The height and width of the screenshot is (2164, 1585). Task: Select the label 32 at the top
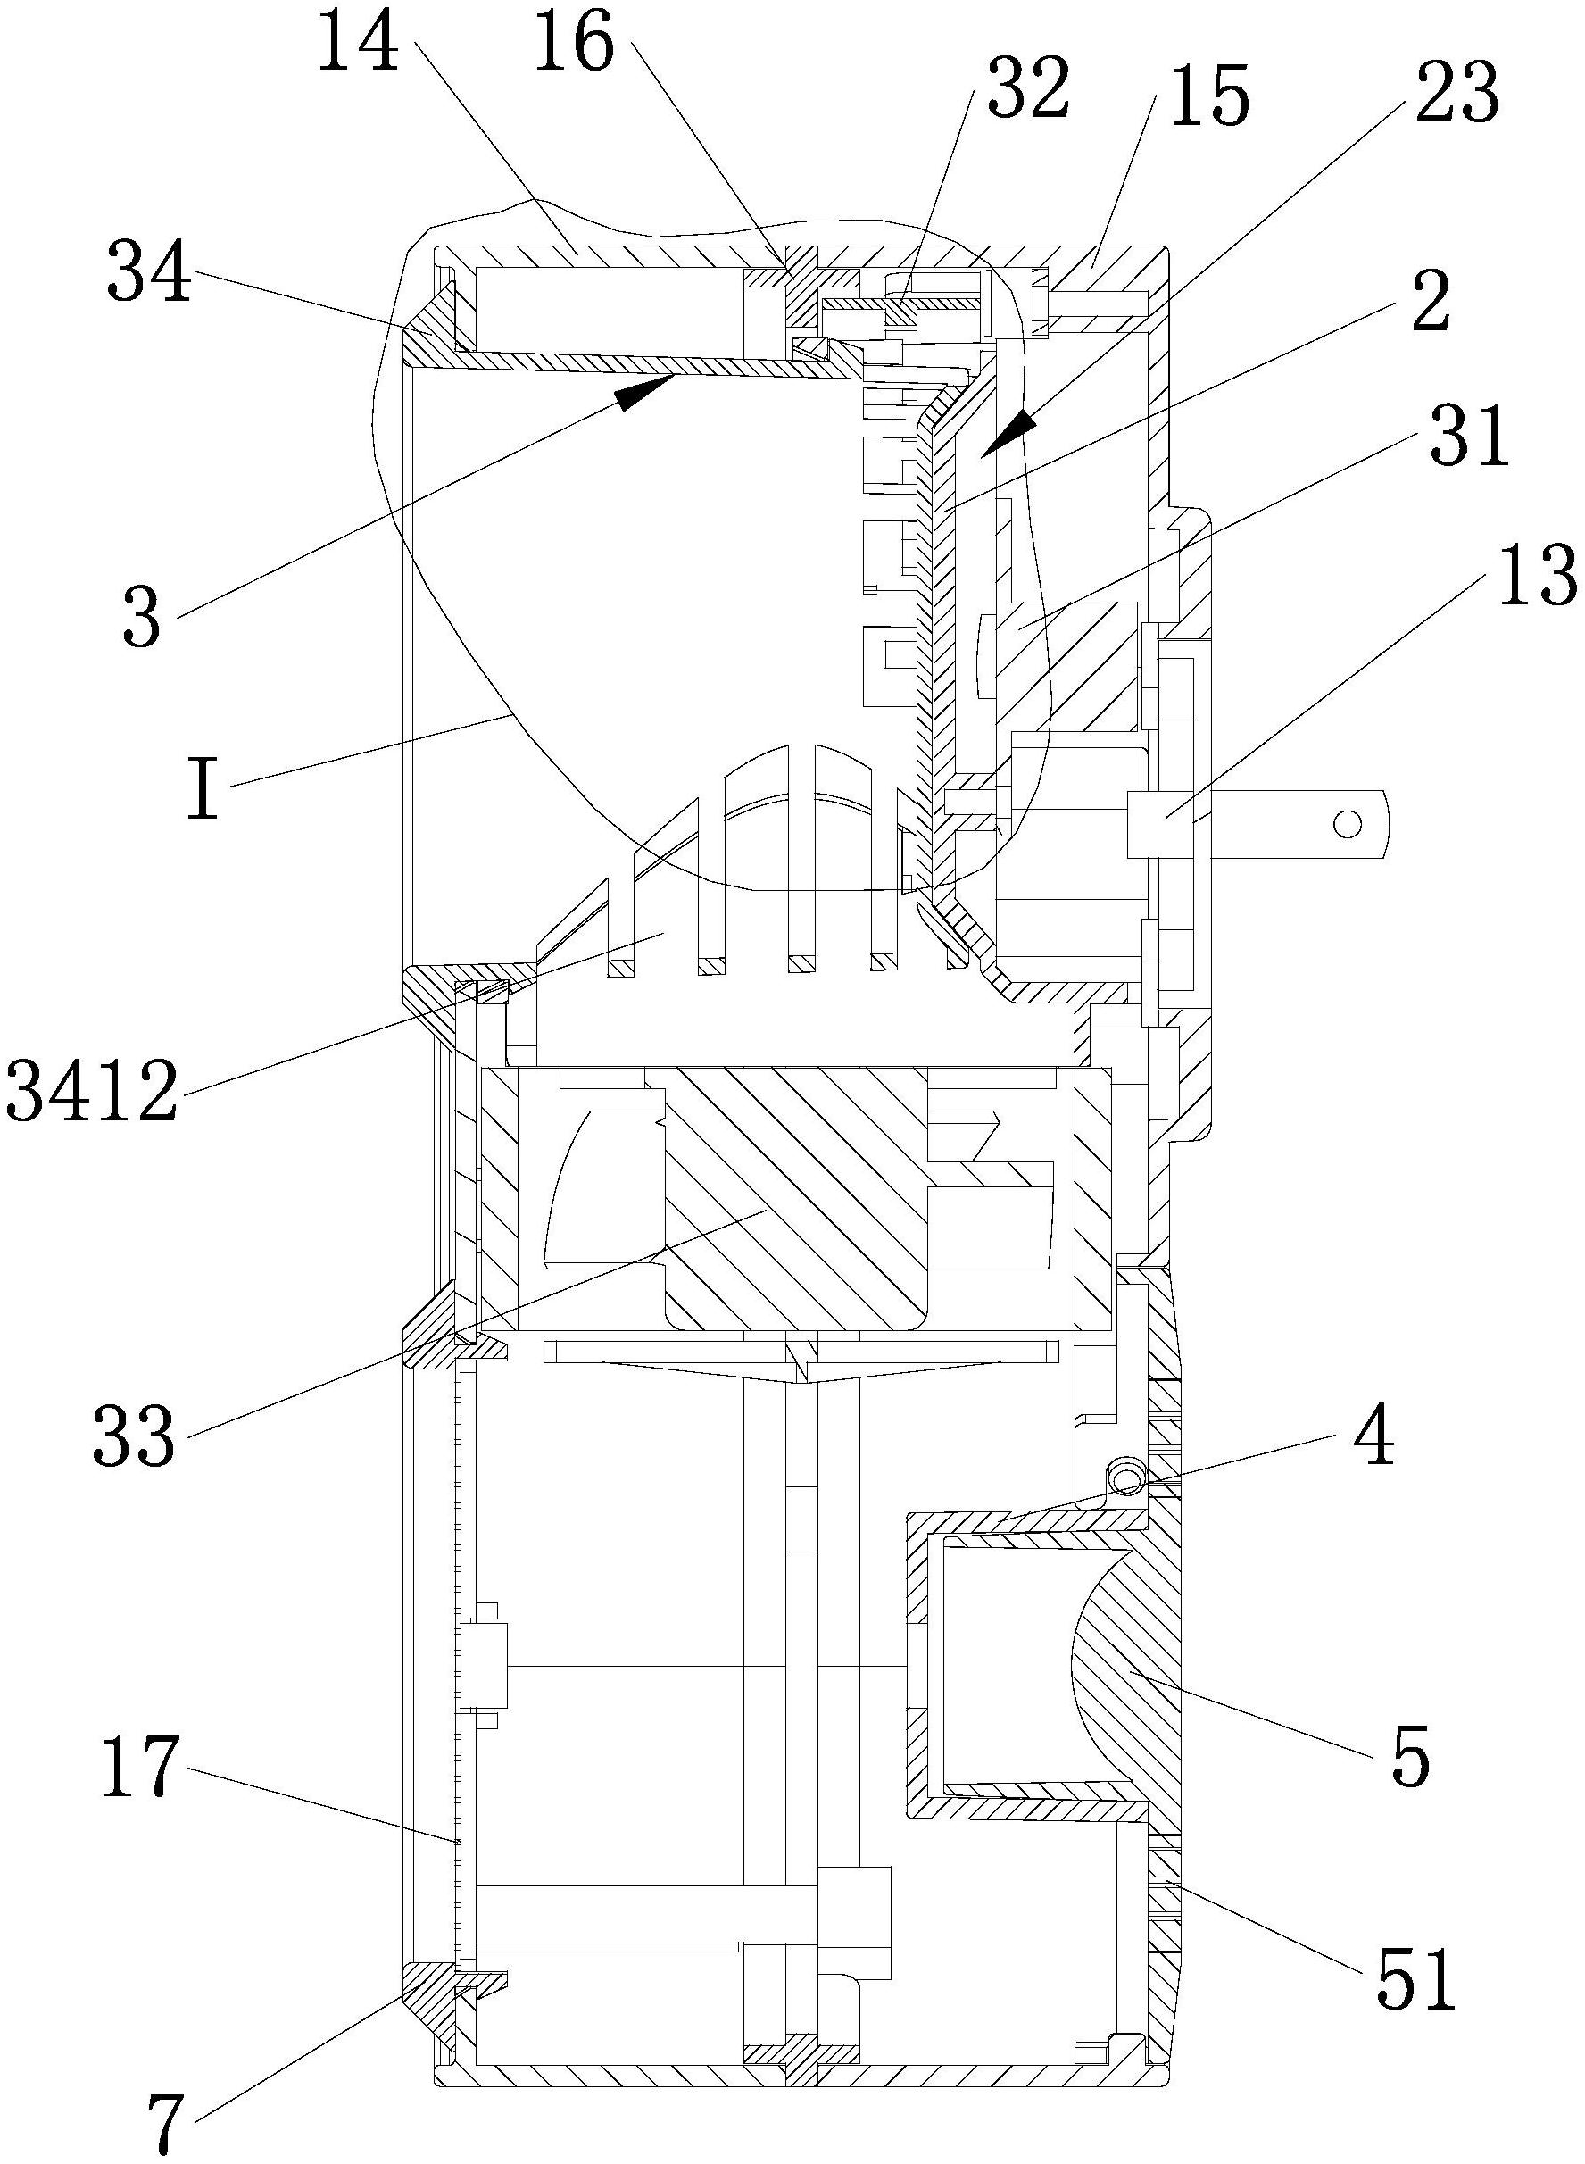click(1028, 87)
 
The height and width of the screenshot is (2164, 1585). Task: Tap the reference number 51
click(1416, 1977)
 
